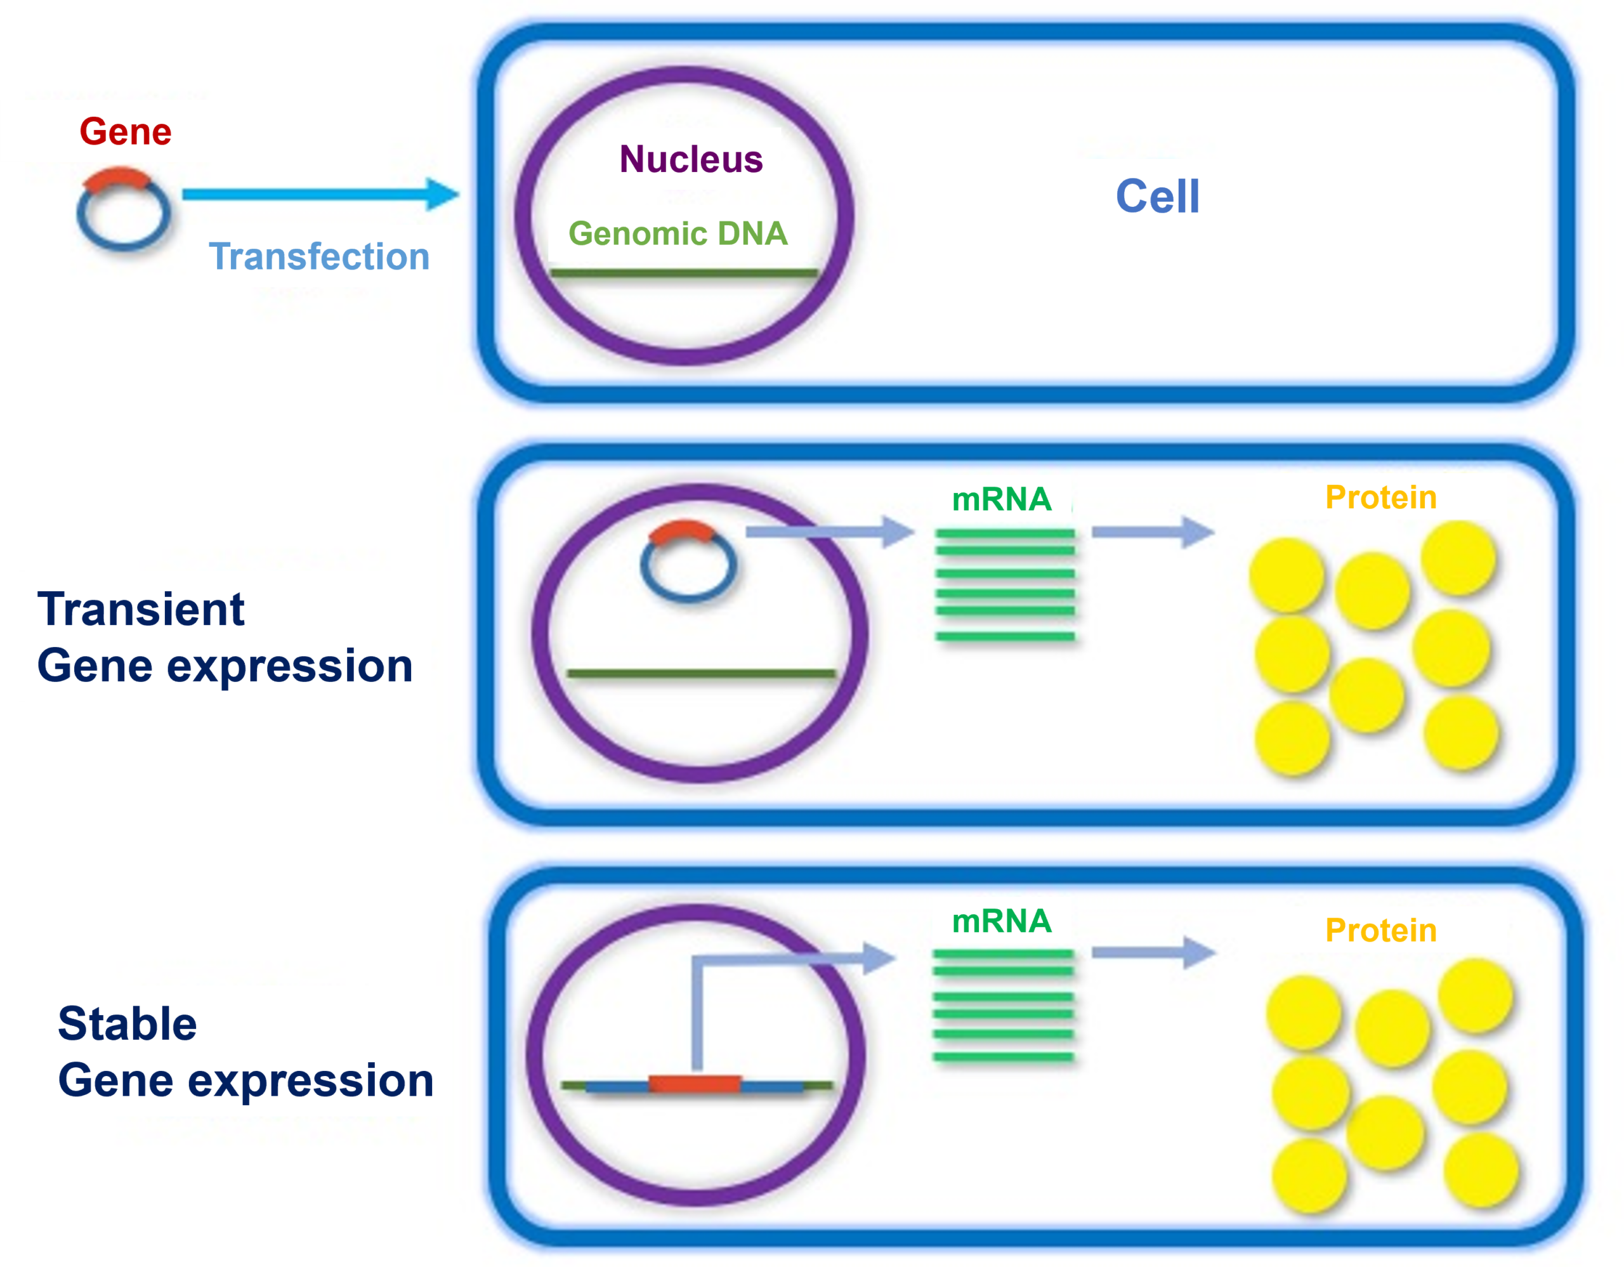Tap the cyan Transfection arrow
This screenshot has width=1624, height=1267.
coord(320,194)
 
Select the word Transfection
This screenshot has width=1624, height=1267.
coord(319,256)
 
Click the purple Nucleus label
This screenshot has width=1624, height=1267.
coord(691,159)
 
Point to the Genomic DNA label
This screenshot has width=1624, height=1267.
coord(678,233)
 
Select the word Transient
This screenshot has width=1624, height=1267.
coord(141,610)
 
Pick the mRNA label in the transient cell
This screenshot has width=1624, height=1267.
coord(1001,499)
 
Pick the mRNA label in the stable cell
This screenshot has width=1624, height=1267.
coord(1001,921)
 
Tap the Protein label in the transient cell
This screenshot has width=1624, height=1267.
coord(1381,497)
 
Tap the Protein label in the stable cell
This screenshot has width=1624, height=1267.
coord(1381,930)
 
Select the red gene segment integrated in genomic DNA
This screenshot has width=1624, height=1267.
coord(695,1085)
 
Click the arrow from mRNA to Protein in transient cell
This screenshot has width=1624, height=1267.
coord(1152,532)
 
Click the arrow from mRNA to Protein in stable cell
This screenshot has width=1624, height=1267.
coord(1152,952)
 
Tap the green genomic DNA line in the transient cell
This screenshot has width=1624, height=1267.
coord(701,674)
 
